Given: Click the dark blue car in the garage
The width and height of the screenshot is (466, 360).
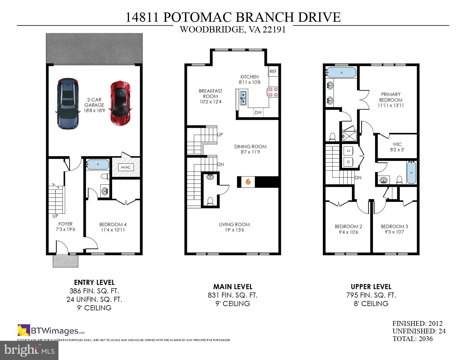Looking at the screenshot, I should point(67,104).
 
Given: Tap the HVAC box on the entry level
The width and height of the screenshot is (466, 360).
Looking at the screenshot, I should point(126,167).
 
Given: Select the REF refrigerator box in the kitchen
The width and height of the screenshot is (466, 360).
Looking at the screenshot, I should point(273,71).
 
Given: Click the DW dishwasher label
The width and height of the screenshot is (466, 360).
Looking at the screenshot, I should point(258,112).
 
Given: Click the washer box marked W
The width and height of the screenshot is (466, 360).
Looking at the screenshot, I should point(349,151).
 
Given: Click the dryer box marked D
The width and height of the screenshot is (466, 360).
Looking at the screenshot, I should point(349,162).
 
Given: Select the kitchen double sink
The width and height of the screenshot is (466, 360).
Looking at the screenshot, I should point(243,98).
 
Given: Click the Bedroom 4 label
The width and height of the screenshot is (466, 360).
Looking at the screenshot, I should point(113,227).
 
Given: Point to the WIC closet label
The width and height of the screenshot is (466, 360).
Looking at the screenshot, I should point(397,147).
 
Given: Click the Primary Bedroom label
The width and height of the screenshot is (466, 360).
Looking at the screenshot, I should point(391,100).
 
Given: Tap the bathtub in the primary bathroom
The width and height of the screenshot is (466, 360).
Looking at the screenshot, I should point(341,72).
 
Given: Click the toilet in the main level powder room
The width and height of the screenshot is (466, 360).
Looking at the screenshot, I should point(210,201).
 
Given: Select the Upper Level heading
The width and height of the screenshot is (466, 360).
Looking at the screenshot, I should point(371,287).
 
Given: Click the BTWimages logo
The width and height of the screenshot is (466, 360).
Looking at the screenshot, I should point(51,330).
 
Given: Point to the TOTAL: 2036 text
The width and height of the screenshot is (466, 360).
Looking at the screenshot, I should point(412,339).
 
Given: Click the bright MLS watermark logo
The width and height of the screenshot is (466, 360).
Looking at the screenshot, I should point(29,350).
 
